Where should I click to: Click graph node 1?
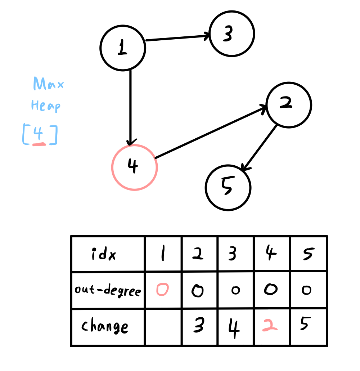click(122, 48)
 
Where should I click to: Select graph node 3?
click(232, 34)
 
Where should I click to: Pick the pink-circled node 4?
click(134, 167)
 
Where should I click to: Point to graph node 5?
click(228, 188)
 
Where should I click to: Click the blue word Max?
click(48, 85)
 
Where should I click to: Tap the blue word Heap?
click(45, 106)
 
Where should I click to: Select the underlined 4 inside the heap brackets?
click(39, 135)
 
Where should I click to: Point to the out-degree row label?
click(108, 290)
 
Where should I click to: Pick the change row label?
click(104, 327)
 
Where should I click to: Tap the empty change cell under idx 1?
click(163, 327)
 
